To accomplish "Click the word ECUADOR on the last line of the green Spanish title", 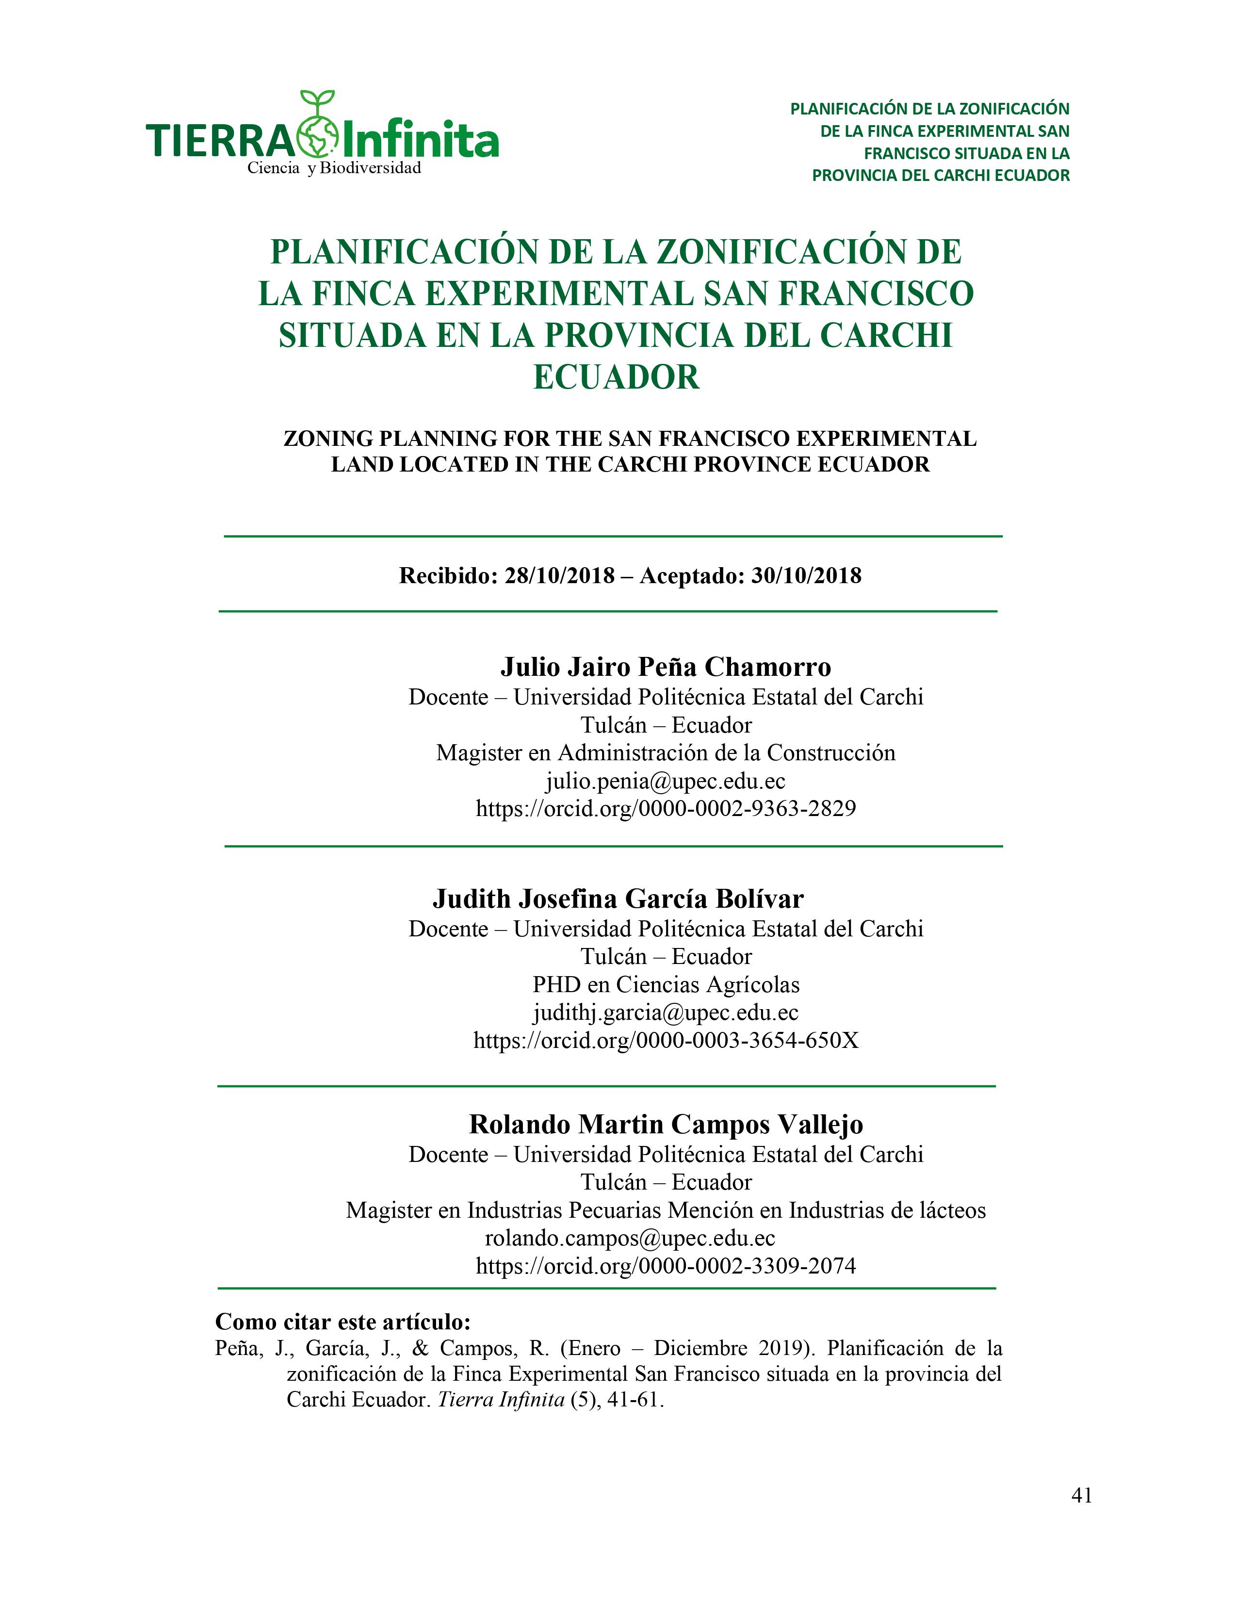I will tap(616, 377).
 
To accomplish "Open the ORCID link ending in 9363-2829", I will tap(666, 809).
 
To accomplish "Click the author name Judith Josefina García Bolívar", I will tap(618, 899).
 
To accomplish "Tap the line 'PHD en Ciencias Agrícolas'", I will tap(666, 984).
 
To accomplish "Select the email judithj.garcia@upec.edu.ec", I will tap(666, 1013).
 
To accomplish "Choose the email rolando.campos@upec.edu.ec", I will tap(630, 1238).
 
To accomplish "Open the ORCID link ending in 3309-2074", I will tap(666, 1266).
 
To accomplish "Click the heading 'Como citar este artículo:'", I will tap(342, 1322).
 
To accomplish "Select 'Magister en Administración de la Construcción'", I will tap(666, 753).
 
